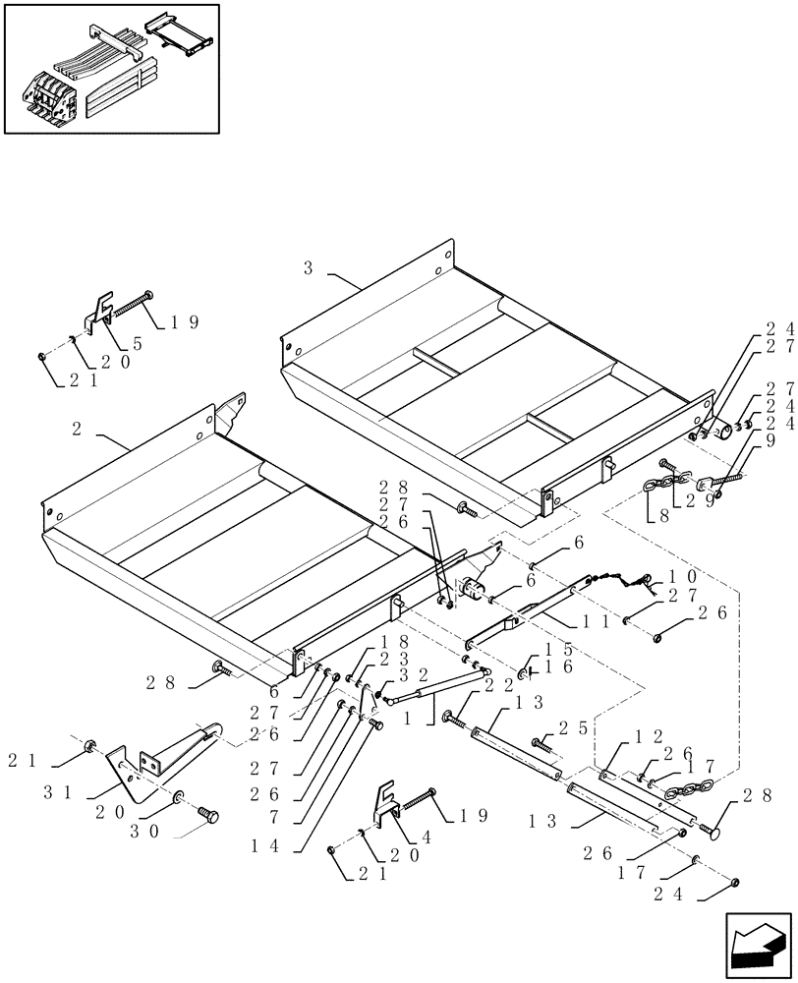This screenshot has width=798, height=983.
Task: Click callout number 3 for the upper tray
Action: [x=309, y=267]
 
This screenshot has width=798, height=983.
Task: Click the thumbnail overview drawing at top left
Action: [x=111, y=68]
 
